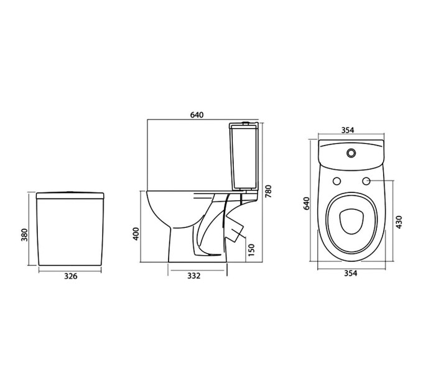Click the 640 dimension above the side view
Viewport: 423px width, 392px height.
[x=197, y=115]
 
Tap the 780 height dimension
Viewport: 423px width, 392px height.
[x=268, y=191]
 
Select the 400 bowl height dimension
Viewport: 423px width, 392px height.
[x=136, y=234]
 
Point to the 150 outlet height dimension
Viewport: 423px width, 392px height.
[x=251, y=250]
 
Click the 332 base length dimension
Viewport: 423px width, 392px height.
[x=194, y=276]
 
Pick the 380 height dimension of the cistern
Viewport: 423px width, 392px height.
[x=24, y=235]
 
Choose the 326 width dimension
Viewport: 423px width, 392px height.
[x=71, y=276]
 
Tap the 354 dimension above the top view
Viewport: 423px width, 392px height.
[x=348, y=130]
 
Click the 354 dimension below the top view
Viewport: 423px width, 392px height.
[x=351, y=273]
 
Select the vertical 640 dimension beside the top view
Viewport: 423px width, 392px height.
[x=307, y=203]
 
